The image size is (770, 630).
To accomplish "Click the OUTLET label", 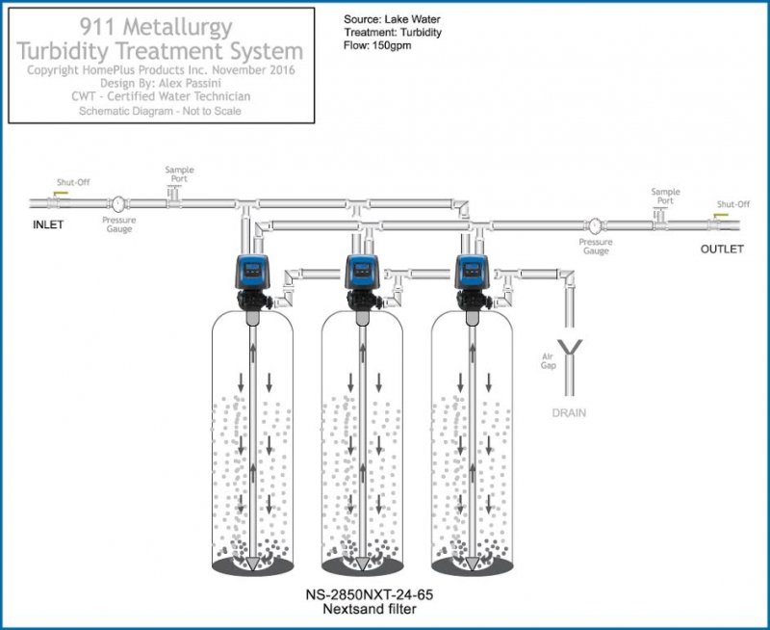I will [722, 249].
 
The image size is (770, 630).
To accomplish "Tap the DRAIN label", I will [568, 413].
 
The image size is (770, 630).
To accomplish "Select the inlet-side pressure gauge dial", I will [117, 204].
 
